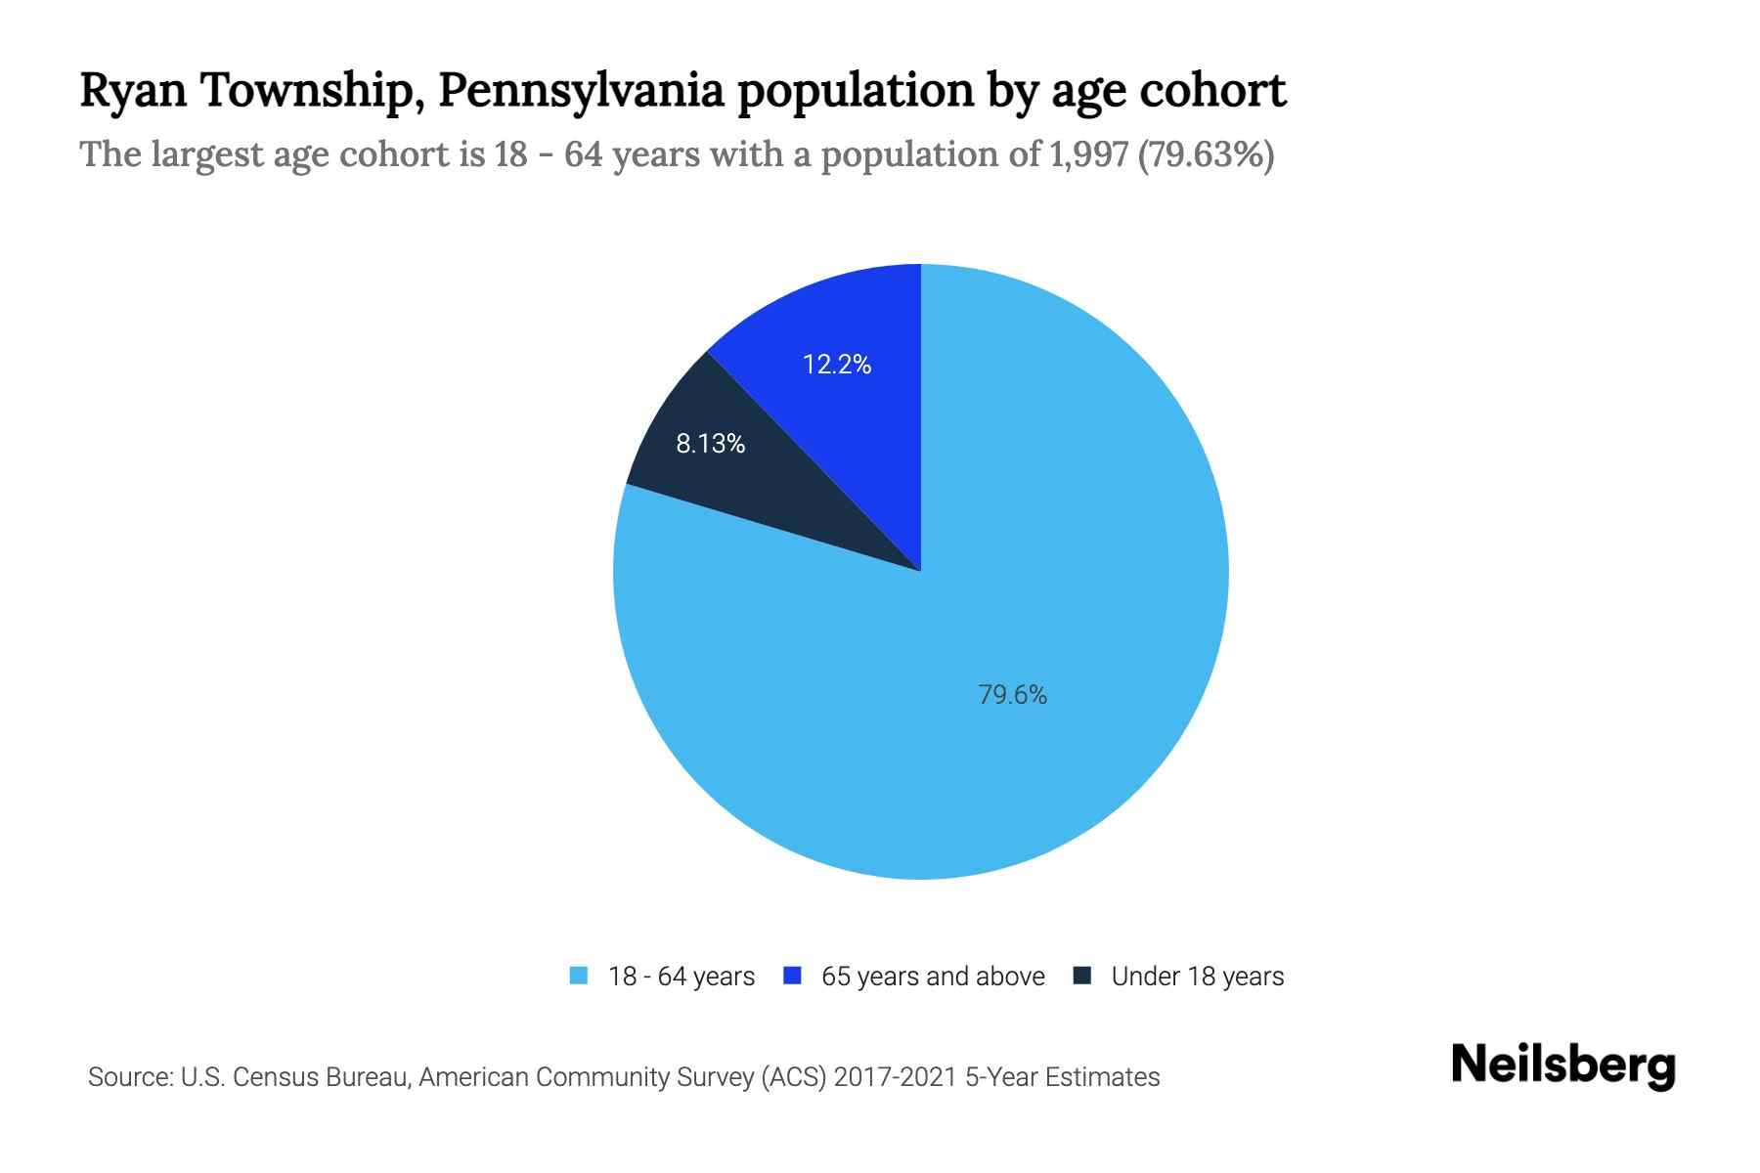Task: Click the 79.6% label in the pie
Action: (1012, 695)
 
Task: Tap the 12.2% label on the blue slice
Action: (837, 365)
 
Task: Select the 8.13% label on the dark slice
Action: (711, 444)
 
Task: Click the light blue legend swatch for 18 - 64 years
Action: (579, 976)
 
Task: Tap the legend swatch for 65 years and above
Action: (793, 976)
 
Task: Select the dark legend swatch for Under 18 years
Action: (1082, 976)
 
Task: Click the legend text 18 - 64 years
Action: (682, 977)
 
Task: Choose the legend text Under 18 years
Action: (1198, 977)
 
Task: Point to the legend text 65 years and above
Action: (933, 977)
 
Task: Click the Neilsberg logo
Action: (1563, 1065)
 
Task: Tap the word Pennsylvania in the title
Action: (581, 91)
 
